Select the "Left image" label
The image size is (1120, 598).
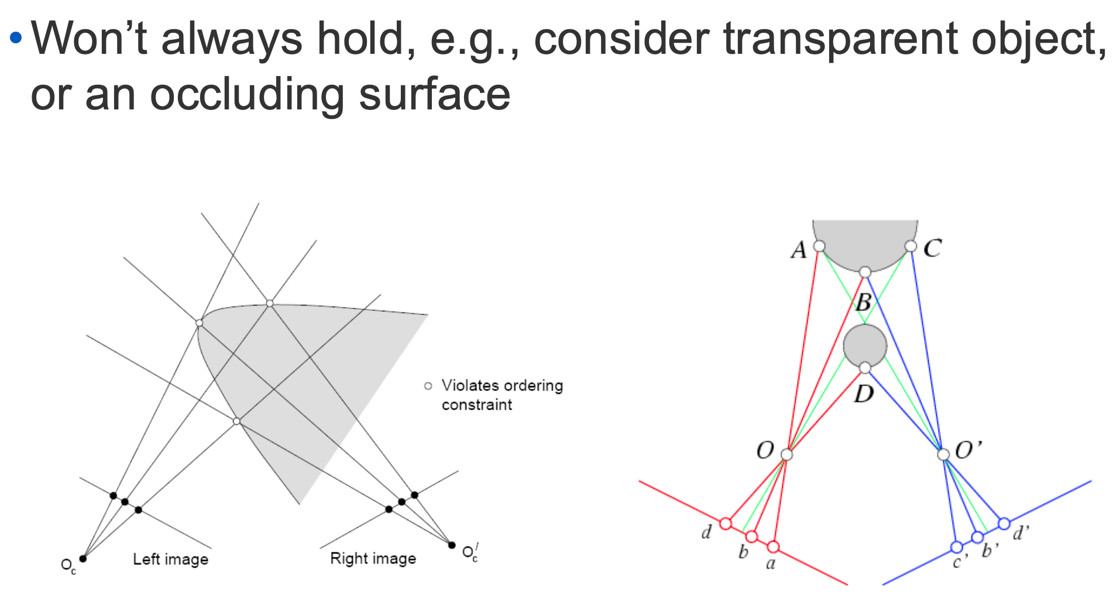pyautogui.click(x=170, y=559)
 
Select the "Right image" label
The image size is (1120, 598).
pyautogui.click(x=373, y=559)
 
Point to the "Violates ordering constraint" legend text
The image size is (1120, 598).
pyautogui.click(x=501, y=395)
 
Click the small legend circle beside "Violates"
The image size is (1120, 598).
pyautogui.click(x=428, y=386)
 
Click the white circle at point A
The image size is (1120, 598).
pyautogui.click(x=819, y=246)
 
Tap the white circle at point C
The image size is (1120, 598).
pyautogui.click(x=911, y=246)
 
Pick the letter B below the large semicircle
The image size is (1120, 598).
pyautogui.click(x=863, y=303)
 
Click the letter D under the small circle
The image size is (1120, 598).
pyautogui.click(x=864, y=394)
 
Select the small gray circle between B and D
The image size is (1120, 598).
pyautogui.click(x=865, y=345)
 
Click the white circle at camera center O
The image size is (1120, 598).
pyautogui.click(x=786, y=455)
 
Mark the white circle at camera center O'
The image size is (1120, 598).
pyautogui.click(x=943, y=455)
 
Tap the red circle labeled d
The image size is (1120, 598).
pyautogui.click(x=726, y=523)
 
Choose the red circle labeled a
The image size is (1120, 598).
pyautogui.click(x=773, y=547)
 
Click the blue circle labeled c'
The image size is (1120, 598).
pyautogui.click(x=956, y=547)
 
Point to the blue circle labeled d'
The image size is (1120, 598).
pyautogui.click(x=1004, y=523)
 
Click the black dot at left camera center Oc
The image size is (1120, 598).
pyautogui.click(x=83, y=559)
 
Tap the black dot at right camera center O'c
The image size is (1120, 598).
pyautogui.click(x=452, y=545)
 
